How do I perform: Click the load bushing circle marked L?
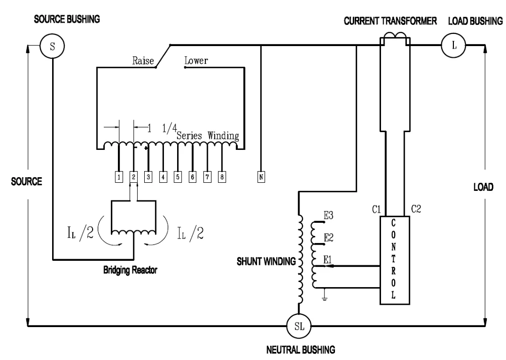[x=454, y=46]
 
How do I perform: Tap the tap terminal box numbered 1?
[x=118, y=177]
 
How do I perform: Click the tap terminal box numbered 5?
[x=178, y=177]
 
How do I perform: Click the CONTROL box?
[x=395, y=260]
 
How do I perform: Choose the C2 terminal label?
[x=416, y=209]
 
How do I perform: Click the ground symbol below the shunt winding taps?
[x=324, y=298]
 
